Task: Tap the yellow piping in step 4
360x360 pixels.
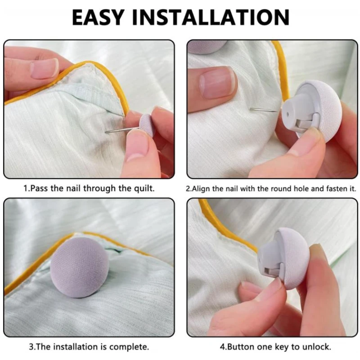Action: [220, 227]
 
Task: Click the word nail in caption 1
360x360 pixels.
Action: [73, 189]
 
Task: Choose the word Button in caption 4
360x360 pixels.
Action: [241, 346]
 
